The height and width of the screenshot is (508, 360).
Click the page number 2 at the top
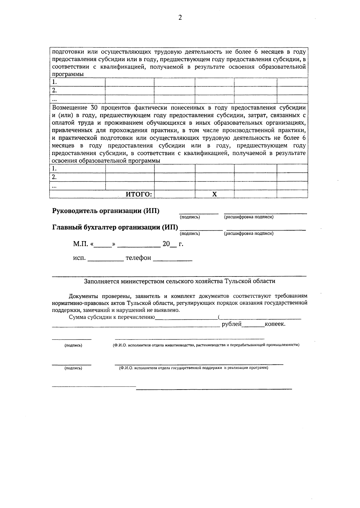180,18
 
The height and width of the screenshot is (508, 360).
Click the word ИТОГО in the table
138,194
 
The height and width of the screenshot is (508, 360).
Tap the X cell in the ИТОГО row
214,194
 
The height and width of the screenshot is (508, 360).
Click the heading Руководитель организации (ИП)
106,211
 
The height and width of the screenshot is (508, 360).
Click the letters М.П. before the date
80,244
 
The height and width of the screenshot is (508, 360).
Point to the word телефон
138,258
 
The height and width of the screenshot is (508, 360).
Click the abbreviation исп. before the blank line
79,258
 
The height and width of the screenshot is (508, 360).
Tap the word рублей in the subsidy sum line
232,324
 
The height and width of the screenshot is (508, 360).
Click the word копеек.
275,324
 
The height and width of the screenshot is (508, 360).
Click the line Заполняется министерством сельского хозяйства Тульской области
179,281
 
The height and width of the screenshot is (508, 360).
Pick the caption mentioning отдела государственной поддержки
193,368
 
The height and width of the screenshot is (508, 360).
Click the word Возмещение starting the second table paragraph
69,108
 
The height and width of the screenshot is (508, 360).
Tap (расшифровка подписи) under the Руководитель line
249,217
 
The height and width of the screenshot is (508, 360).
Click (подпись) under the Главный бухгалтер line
190,233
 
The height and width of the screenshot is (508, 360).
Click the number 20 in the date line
166,244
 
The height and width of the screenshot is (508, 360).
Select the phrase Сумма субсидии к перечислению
112,317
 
